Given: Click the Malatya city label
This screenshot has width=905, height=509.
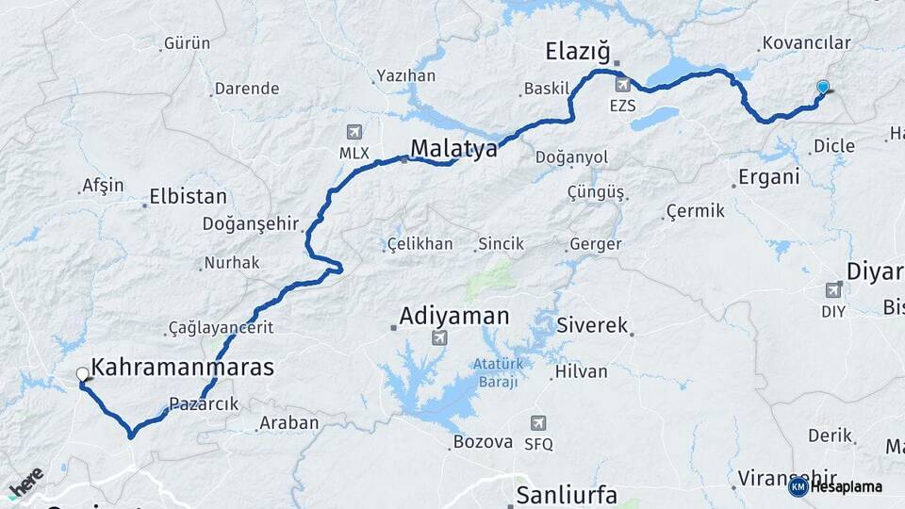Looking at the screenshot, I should click(x=453, y=148).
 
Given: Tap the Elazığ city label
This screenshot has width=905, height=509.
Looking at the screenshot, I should click(x=579, y=50).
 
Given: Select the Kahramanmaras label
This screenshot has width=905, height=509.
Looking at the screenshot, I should click(x=182, y=368).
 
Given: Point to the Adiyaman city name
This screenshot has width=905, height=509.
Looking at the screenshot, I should click(x=453, y=316).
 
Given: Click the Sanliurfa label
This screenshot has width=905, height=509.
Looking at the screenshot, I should click(x=566, y=495).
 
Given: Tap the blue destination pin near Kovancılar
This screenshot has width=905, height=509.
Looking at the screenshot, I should click(x=823, y=88).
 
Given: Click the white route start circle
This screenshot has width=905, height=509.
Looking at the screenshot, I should click(x=83, y=374).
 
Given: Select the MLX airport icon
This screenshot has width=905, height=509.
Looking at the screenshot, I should click(x=354, y=131).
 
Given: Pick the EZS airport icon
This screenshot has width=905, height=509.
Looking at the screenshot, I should click(x=622, y=85).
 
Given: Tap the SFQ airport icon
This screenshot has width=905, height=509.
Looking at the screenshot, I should click(x=538, y=423).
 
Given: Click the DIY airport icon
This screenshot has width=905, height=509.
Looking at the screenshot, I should click(x=833, y=289).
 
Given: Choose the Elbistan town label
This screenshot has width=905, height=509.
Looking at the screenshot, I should click(x=189, y=197).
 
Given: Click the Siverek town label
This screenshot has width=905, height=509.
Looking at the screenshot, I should click(x=592, y=325).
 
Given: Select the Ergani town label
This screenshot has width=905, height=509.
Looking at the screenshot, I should click(x=768, y=176).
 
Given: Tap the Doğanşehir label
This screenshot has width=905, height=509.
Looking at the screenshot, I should click(x=250, y=223).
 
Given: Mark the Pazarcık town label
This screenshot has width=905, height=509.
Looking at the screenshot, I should click(x=204, y=403).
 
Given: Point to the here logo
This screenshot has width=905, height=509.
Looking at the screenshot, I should click(x=26, y=482).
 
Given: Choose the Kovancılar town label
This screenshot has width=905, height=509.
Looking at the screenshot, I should click(x=806, y=42).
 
